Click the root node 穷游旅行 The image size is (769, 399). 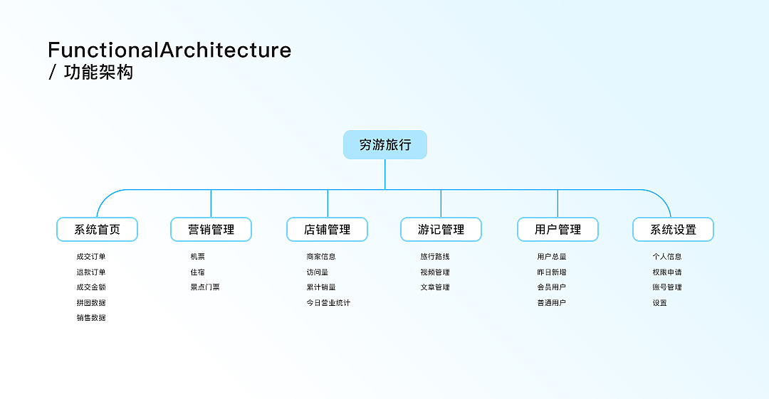pos(384,144)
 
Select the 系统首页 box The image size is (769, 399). pos(97,230)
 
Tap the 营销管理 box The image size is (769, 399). pos(211,230)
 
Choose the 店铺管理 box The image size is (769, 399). pos(327,230)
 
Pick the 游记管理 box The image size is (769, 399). pos(441,230)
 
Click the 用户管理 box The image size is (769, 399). pos(558,230)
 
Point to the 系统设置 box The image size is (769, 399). pos(673,230)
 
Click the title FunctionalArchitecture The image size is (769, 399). pos(169,50)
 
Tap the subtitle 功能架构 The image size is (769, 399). pos(98,73)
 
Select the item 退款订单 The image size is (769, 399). pos(91,272)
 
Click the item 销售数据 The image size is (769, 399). pos(91,318)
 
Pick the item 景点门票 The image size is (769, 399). pos(205,287)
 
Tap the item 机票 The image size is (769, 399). pos(197,257)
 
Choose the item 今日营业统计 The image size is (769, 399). pos(328,303)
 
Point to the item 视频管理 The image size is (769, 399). pos(435,272)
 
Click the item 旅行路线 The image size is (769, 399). pos(435,257)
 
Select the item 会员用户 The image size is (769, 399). pos(552,287)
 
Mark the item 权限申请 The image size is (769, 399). pos(667,272)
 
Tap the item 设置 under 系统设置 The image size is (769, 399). pos(660,303)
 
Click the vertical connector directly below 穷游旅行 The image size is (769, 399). pos(385,174)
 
